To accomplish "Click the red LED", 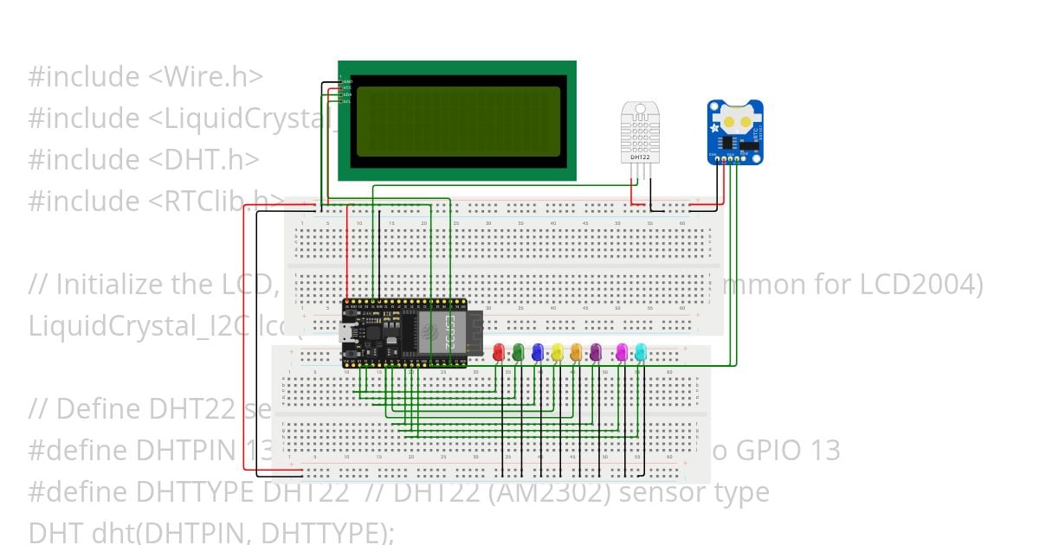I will tap(498, 352).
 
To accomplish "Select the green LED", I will tap(518, 352).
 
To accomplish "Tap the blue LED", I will tap(538, 352).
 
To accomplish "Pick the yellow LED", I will tap(557, 352).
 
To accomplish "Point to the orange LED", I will tap(577, 352).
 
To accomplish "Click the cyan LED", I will tap(641, 352).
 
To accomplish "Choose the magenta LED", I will tap(621, 352).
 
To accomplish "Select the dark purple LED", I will tap(596, 352).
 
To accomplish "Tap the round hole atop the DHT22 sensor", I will tap(641, 111).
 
